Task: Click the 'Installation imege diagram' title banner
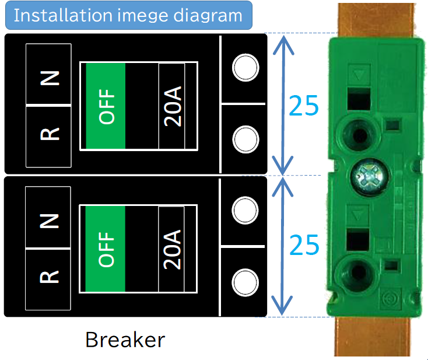pyautogui.click(x=128, y=15)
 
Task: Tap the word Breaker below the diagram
pyautogui.click(x=125, y=339)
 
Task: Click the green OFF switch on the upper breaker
pyautogui.click(x=106, y=106)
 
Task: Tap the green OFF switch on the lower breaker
pyautogui.click(x=106, y=249)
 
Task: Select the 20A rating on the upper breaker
pyautogui.click(x=172, y=105)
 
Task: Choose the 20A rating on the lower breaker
pyautogui.click(x=172, y=249)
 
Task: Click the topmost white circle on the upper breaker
pyautogui.click(x=245, y=68)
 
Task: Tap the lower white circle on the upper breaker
pyautogui.click(x=245, y=139)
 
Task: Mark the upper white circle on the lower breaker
pyautogui.click(x=245, y=211)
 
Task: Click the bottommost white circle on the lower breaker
pyautogui.click(x=245, y=282)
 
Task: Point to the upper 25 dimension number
pyautogui.click(x=304, y=105)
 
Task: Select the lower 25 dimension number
pyautogui.click(x=304, y=245)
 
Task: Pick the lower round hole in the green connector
pyautogui.click(x=356, y=272)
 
